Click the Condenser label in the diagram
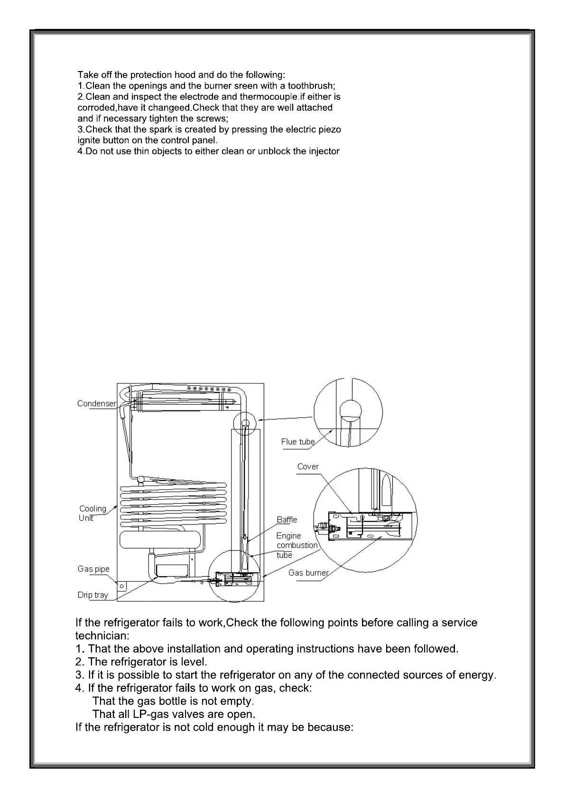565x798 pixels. [96, 403]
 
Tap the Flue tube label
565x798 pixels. [297, 442]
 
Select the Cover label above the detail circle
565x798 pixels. [308, 466]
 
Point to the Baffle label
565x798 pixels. [287, 519]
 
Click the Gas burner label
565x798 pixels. [308, 572]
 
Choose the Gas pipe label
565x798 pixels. [93, 569]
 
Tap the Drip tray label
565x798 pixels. [93, 595]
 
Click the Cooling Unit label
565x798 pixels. [93, 513]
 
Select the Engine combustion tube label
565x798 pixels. [296, 545]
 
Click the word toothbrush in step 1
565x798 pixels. [311, 86]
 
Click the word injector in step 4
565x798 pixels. [324, 151]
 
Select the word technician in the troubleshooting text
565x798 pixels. [102, 635]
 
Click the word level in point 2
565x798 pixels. [194, 662]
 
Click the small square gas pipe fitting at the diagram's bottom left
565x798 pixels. [122, 586]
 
